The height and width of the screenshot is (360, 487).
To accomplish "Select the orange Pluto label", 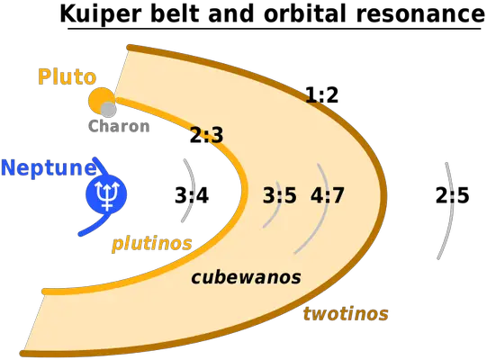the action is (x=67, y=76).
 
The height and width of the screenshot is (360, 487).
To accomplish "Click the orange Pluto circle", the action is (x=101, y=99).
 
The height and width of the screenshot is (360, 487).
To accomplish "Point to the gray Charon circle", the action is (x=109, y=109).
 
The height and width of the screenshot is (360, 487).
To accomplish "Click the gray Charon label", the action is (x=119, y=126).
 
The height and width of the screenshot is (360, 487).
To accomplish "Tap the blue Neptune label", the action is (x=48, y=167).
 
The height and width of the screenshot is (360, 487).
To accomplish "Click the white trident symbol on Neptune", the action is (x=106, y=195).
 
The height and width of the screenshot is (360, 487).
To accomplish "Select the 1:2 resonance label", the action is (x=321, y=94).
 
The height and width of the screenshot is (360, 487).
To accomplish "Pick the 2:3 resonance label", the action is (x=206, y=135).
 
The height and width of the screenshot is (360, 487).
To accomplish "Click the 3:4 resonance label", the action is (x=192, y=195).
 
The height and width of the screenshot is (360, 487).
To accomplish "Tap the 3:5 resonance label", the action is (x=280, y=195).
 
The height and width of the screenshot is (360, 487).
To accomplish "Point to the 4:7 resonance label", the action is (x=328, y=195).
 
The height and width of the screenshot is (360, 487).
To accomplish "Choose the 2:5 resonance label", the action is (x=452, y=195).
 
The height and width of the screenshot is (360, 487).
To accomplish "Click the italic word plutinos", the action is (x=152, y=243).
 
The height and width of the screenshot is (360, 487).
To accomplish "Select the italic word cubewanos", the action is (x=246, y=276).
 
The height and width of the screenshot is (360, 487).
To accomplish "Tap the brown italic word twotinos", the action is (x=346, y=313).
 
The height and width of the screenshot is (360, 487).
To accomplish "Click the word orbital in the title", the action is (x=304, y=14).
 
